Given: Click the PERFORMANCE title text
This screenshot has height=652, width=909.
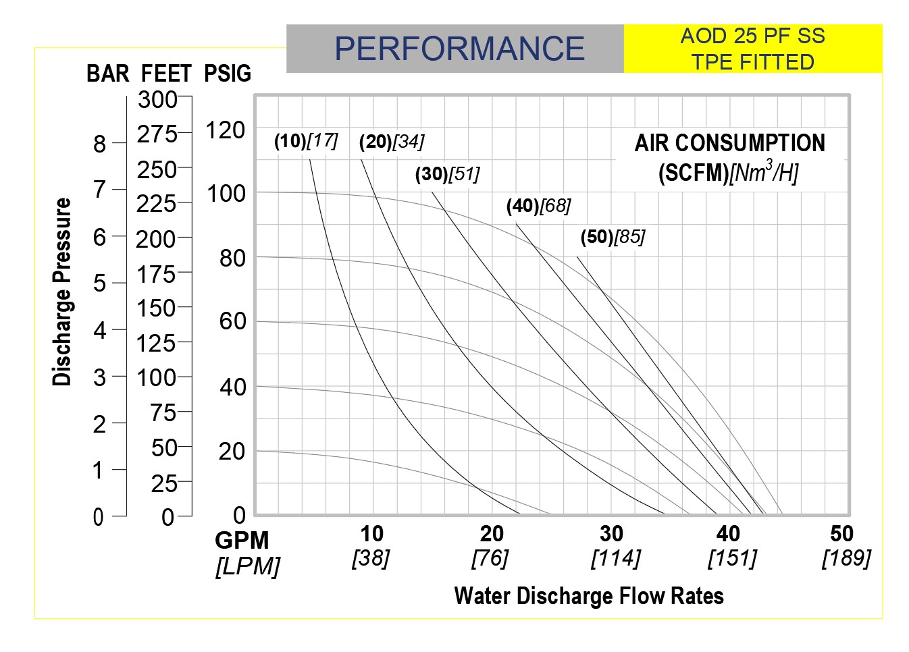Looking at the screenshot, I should point(459,49).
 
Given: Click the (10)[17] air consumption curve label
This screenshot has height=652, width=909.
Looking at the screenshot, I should point(306,141).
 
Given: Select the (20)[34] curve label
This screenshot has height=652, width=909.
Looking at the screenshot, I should point(392,142).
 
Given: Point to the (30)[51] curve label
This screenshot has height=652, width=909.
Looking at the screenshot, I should point(447,174).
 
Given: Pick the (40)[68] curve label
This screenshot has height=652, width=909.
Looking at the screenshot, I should point(538,206).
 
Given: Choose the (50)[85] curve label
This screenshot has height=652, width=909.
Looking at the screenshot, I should point(613,237).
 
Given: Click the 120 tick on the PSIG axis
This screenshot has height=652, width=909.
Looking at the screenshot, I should point(225,130).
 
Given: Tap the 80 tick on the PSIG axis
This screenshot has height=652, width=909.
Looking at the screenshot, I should point(232,258).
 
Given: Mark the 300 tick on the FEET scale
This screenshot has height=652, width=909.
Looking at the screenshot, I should point(157,100).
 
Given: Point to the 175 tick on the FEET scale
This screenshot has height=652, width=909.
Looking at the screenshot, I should point(156,275).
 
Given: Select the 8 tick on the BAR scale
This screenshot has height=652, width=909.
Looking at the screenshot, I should point(100,144).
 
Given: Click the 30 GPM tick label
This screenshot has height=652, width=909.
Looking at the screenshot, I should point(611,534).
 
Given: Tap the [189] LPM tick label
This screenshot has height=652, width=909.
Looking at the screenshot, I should point(846,558).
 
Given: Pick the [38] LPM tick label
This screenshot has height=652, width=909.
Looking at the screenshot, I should point(371,558).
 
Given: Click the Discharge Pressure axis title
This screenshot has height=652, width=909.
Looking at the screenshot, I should point(62,292).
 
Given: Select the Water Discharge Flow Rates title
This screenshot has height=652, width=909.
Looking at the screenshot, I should point(589,596).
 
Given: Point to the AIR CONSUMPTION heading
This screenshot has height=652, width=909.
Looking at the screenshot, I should point(729,143).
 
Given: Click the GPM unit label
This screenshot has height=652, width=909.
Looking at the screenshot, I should point(242,541).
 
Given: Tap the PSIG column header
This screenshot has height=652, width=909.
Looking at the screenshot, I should point(228,73).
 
